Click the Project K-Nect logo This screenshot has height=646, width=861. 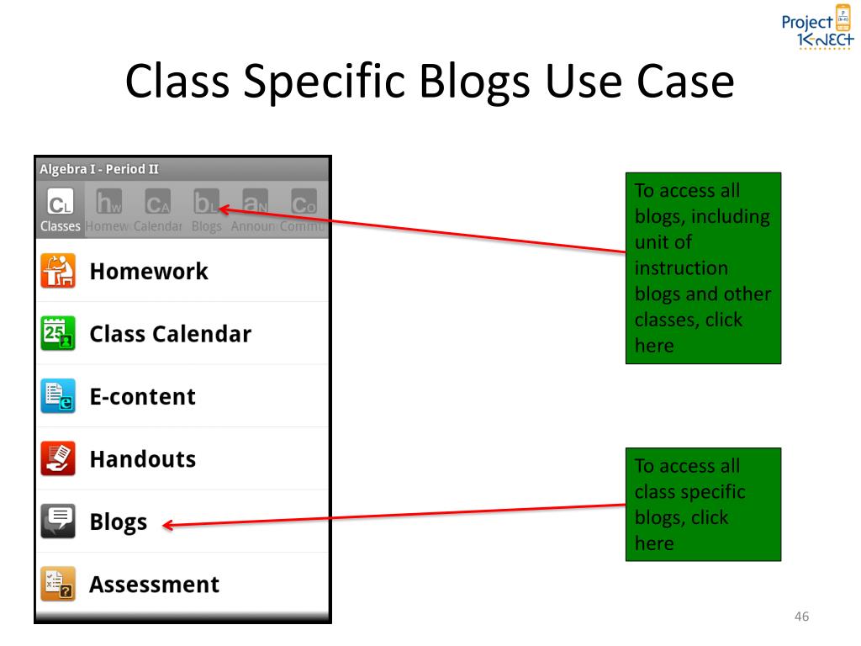pos(811,30)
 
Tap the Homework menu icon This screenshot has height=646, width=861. pos(58,271)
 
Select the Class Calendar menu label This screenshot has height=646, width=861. pos(170,334)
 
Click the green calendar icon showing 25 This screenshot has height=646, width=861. pos(58,333)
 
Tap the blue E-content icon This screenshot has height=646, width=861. pos(58,396)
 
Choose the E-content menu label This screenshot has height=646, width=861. pos(142,396)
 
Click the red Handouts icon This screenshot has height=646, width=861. pos(58,458)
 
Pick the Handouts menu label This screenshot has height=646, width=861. pos(142,459)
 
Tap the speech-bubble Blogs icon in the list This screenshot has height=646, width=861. pos(58,522)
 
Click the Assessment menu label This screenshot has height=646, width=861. pos(154,585)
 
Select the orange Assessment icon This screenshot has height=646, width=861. pos(58,584)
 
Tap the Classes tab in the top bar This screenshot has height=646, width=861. pos(60,211)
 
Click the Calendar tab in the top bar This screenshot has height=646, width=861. pos(157,211)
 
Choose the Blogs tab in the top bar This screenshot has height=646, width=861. pos(207,211)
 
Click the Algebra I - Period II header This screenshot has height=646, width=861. pos(99,168)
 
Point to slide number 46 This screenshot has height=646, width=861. pos(801,618)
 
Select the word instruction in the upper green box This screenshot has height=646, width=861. pos(681,269)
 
